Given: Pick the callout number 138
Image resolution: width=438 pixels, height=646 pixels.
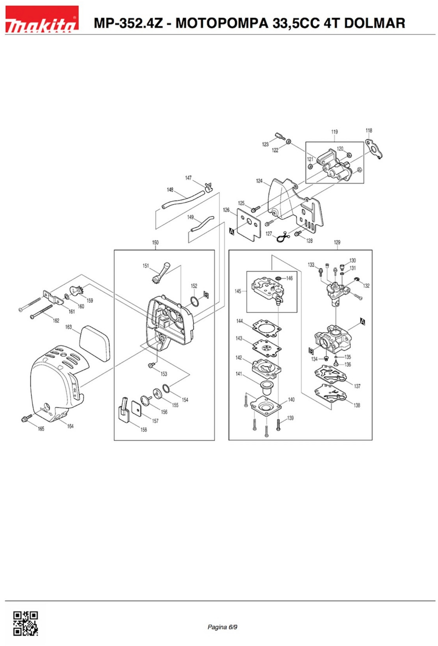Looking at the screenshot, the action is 357,405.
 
